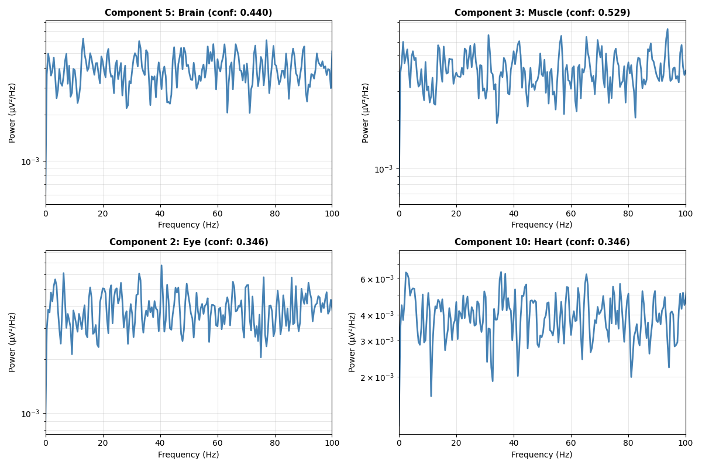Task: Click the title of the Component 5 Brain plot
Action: pos(188,13)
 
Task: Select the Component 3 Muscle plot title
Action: pos(542,13)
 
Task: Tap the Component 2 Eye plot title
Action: pos(188,242)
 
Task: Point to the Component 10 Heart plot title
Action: pos(542,242)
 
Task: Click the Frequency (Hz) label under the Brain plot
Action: pos(188,225)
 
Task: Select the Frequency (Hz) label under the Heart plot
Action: pos(542,455)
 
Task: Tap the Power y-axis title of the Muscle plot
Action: pos(366,112)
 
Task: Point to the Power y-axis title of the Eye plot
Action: pos(13,342)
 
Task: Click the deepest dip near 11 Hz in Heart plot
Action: pos(431,396)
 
